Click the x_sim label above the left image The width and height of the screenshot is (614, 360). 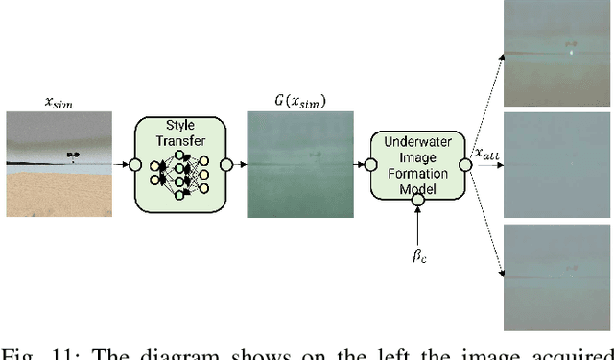tap(59, 101)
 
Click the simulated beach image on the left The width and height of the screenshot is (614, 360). tap(59, 163)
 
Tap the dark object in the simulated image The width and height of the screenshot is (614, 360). tap(72, 155)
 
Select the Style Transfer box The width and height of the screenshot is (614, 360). tap(179, 164)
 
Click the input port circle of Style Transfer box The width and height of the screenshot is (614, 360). tap(135, 165)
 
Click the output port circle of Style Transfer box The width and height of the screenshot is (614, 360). tap(225, 165)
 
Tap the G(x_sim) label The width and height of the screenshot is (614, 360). tap(294, 101)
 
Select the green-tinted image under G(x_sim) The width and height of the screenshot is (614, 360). tap(295, 163)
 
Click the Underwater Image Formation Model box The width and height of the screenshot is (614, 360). tap(418, 164)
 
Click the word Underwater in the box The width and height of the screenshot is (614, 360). tap(418, 141)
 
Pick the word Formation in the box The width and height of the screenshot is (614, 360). tap(418, 174)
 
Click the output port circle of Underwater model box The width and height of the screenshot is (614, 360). tap(464, 165)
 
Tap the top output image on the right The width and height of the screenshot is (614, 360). tap(558, 54)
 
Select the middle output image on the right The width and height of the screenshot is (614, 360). tap(558, 165)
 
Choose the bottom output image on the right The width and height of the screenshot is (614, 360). tap(558, 277)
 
